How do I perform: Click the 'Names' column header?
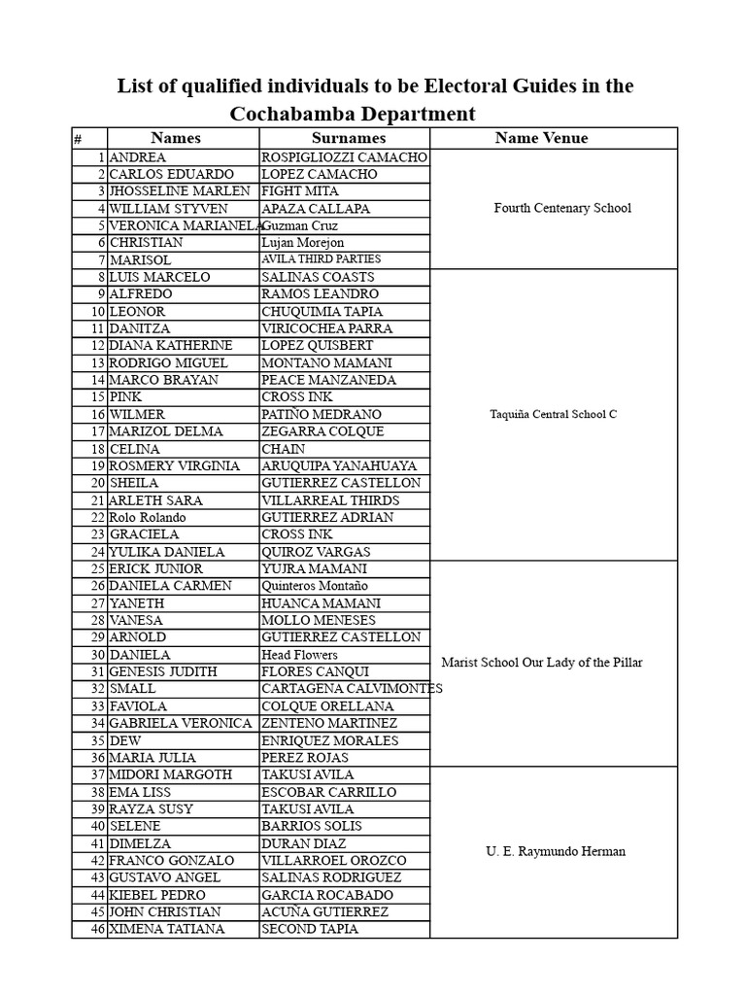[176, 138]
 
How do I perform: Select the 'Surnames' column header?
[348, 138]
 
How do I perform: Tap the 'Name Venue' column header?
[541, 138]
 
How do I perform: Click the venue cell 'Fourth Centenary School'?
[562, 208]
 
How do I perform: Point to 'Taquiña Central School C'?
[554, 414]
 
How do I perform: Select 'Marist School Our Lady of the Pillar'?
[542, 663]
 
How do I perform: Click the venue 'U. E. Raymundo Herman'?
[556, 851]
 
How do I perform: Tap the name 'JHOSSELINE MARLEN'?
[180, 191]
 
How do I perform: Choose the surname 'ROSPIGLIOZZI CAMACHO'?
[344, 156]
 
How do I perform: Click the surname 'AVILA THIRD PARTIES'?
[321, 259]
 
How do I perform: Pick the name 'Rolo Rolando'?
[147, 517]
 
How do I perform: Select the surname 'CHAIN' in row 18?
[284, 449]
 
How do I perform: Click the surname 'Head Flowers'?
[299, 655]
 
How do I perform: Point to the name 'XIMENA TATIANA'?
[166, 929]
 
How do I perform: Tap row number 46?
[96, 929]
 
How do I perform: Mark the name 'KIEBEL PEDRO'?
[157, 894]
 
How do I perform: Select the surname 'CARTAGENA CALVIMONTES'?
[352, 689]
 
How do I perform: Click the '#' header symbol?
[78, 139]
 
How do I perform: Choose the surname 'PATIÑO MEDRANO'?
[322, 414]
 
